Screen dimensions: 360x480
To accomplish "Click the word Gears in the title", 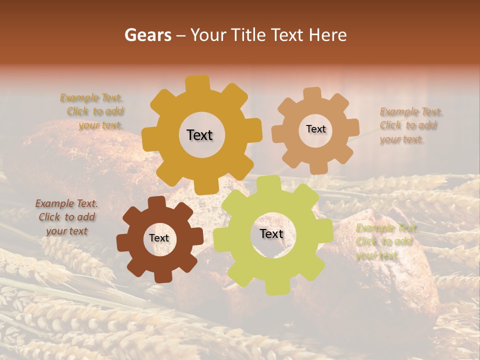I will [147, 35].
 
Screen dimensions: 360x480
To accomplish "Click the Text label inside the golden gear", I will [199, 135].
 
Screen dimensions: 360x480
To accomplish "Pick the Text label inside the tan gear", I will [315, 129].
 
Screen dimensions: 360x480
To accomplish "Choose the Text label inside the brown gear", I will [159, 238].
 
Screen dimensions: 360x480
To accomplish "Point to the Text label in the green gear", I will [271, 233].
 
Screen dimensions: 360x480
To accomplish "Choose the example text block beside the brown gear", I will [66, 217].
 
